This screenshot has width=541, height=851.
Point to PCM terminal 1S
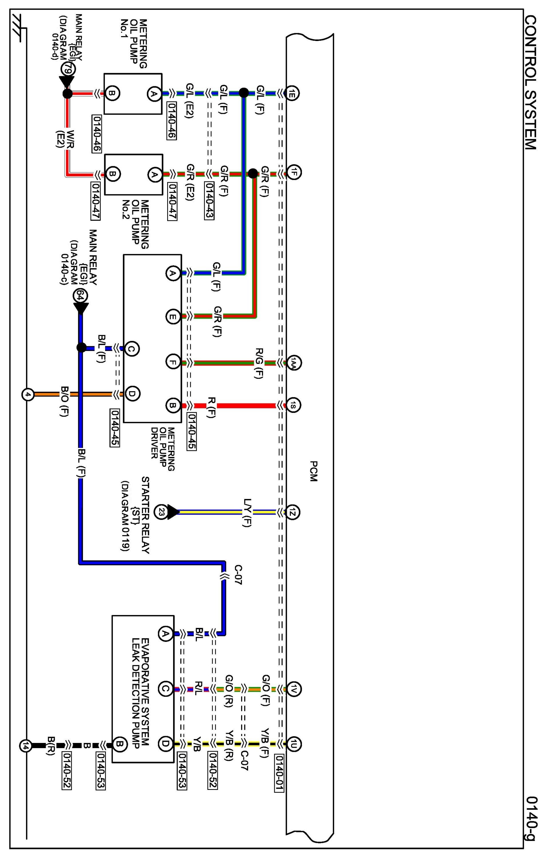pos(293,406)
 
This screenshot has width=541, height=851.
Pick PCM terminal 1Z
pos(293,512)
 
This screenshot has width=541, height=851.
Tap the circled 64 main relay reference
pos(80,295)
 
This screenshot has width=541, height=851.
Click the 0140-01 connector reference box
pos(279,774)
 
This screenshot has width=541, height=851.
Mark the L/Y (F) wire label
pos(248,512)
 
